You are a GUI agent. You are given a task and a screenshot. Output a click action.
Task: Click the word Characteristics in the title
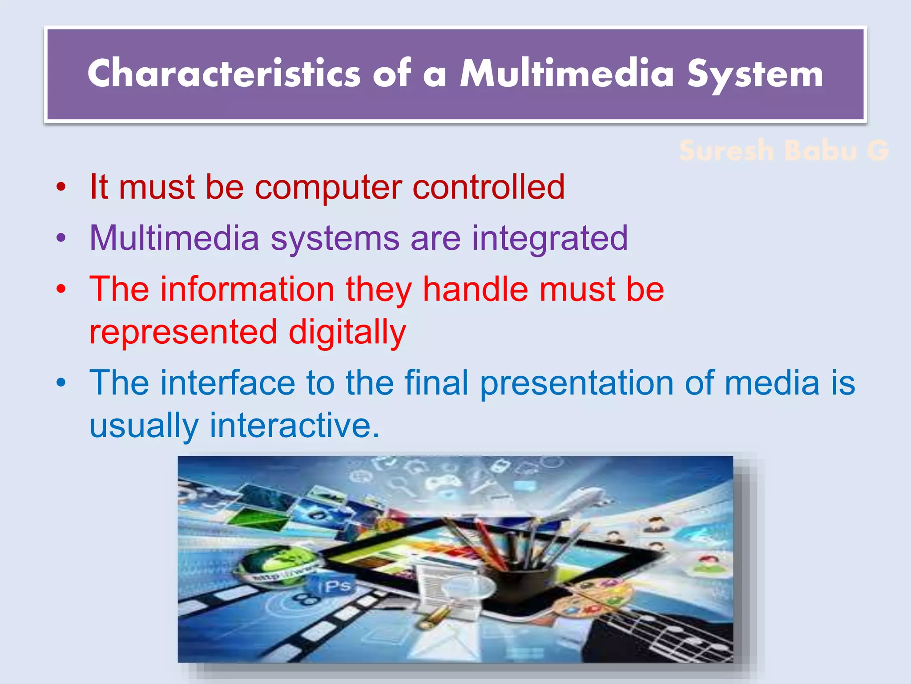click(x=224, y=73)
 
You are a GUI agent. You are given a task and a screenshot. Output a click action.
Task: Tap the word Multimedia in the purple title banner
click(x=567, y=73)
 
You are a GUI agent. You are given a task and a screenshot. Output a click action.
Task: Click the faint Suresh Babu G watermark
click(x=784, y=151)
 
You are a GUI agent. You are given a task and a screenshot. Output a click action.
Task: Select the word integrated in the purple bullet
click(x=550, y=239)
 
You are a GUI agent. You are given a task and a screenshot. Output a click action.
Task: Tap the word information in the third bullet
click(x=247, y=289)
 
